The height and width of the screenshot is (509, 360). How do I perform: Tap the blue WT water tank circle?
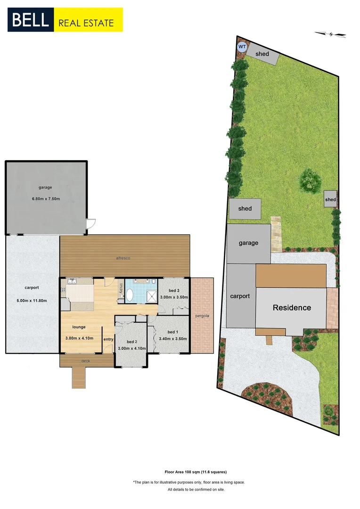pyautogui.click(x=242, y=47)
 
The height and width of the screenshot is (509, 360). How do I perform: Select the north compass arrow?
pyautogui.click(x=331, y=33)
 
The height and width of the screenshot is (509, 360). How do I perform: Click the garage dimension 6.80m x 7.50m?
pyautogui.click(x=46, y=199)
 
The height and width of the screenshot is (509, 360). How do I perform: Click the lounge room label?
pyautogui.click(x=78, y=327)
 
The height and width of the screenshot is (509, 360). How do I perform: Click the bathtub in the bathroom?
pyautogui.click(x=130, y=295)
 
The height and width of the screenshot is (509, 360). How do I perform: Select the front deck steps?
pyautogui.click(x=79, y=378)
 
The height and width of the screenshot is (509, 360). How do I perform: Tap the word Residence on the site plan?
pyautogui.click(x=292, y=308)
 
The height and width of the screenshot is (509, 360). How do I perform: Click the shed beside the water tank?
pyautogui.click(x=262, y=54)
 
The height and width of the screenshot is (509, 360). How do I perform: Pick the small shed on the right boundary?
pyautogui.click(x=330, y=200)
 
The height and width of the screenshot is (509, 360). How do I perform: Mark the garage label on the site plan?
pyautogui.click(x=248, y=243)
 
